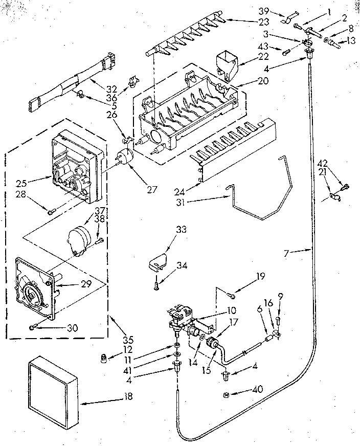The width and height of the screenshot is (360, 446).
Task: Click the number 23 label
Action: [x=249, y=22]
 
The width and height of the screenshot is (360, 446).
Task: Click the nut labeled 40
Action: [x=226, y=394]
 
